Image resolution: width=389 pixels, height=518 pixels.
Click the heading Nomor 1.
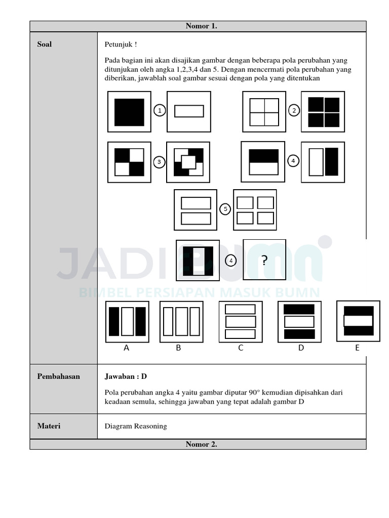pyautogui.click(x=201, y=26)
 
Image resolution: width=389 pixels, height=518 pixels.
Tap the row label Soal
pyautogui.click(x=45, y=45)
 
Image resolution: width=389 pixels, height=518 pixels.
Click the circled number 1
pyautogui.click(x=160, y=110)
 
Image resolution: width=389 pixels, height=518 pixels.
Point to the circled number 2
pyautogui.click(x=294, y=110)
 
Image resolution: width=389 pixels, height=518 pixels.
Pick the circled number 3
pyautogui.click(x=159, y=162)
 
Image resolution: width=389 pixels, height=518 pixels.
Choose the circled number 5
pyautogui.click(x=225, y=209)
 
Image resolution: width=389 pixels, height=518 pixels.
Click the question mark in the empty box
pyautogui.click(x=264, y=261)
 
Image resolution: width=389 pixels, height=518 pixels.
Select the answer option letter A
pyautogui.click(x=127, y=348)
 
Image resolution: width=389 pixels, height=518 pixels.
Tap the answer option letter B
pyautogui.click(x=179, y=348)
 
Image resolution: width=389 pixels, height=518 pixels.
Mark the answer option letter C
pyautogui.click(x=241, y=348)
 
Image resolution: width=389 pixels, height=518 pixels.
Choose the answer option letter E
pyautogui.click(x=357, y=348)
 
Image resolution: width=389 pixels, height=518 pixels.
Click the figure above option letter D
pyautogui.click(x=299, y=322)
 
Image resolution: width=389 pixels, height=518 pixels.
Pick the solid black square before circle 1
pyautogui.click(x=129, y=112)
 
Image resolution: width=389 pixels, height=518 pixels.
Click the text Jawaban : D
pyautogui.click(x=126, y=376)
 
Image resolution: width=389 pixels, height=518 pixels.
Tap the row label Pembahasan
pyautogui.click(x=58, y=376)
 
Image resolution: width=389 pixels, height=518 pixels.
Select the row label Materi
pyautogui.click(x=49, y=426)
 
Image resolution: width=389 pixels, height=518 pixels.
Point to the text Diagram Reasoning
pyautogui.click(x=136, y=426)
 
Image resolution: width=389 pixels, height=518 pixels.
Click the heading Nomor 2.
pyautogui.click(x=201, y=444)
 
